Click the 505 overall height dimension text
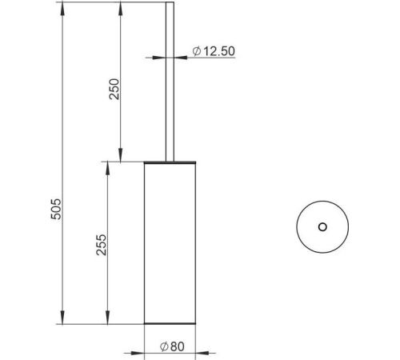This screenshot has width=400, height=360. point(56,209)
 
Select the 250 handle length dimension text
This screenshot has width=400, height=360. point(114,89)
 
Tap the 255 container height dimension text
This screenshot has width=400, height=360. point(102,245)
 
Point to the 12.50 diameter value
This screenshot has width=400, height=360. point(219,51)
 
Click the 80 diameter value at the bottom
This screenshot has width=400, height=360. point(178,346)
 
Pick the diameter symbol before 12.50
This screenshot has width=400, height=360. point(197,51)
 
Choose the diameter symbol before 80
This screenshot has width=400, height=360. point(164,346)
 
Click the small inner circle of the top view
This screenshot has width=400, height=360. point(322,227)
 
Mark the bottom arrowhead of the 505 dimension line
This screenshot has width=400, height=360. point(62,318)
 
